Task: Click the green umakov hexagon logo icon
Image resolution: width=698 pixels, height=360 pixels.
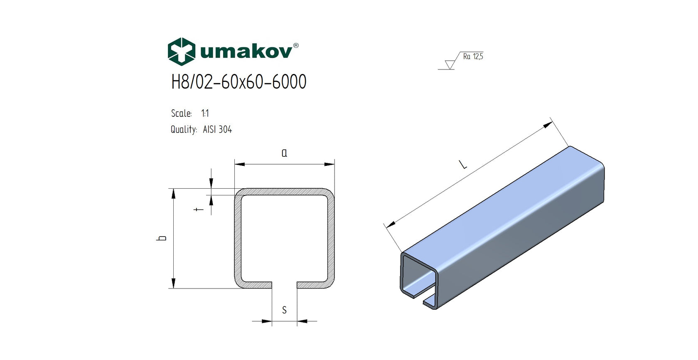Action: (181, 52)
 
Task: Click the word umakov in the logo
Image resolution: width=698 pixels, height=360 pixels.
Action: (246, 52)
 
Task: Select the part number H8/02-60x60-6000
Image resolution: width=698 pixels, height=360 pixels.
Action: (239, 82)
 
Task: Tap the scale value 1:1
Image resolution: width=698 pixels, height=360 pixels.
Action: (205, 113)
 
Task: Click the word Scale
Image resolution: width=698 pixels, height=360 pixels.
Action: (181, 113)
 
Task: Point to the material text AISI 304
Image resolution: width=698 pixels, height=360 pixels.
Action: (217, 130)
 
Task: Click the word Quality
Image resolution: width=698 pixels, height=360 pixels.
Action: (183, 130)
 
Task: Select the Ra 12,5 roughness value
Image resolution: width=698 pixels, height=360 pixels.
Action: (473, 57)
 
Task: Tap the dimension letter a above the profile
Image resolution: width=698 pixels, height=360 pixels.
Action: (284, 153)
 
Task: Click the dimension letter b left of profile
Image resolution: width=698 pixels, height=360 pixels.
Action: (162, 238)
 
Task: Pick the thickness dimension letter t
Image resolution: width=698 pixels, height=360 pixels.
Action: (199, 209)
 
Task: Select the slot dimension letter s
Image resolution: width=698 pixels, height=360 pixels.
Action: (284, 310)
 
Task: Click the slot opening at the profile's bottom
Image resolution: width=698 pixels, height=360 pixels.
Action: (284, 285)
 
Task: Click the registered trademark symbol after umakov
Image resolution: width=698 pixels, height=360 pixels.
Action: (296, 45)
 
